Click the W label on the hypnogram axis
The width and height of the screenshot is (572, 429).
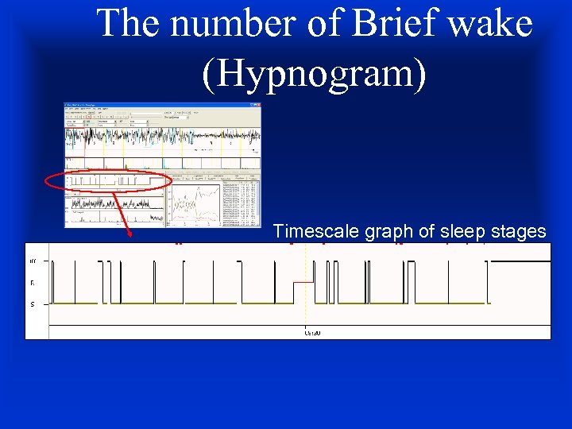pos(33,261)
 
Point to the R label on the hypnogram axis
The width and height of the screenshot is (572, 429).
pos(33,282)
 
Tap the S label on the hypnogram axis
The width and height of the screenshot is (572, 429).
pos(33,303)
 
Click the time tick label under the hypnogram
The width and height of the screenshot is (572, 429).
pos(312,333)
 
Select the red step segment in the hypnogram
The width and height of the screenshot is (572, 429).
pos(303,282)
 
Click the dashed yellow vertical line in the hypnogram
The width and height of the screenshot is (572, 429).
pos(306,314)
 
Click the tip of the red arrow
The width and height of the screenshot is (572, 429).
pos(129,237)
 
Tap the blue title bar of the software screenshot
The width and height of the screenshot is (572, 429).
pos(162,105)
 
